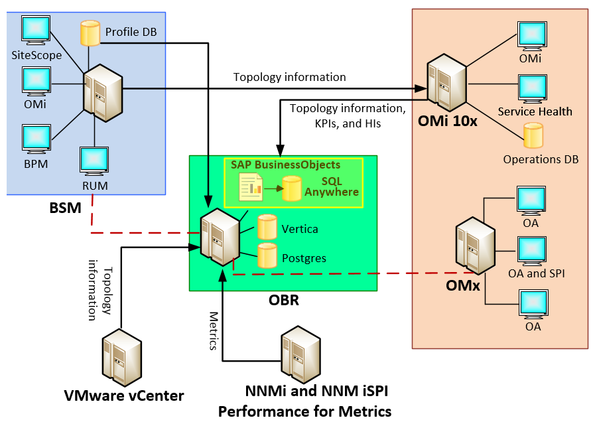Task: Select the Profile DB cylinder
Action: pyautogui.click(x=90, y=33)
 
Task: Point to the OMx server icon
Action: pyautogui.click(x=473, y=247)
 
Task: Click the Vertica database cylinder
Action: pyautogui.click(x=267, y=227)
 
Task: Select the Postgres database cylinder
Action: pyautogui.click(x=267, y=255)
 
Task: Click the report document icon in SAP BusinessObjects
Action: pyautogui.click(x=251, y=186)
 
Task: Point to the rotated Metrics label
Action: pyautogui.click(x=214, y=330)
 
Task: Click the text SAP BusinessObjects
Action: pyautogui.click(x=285, y=165)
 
